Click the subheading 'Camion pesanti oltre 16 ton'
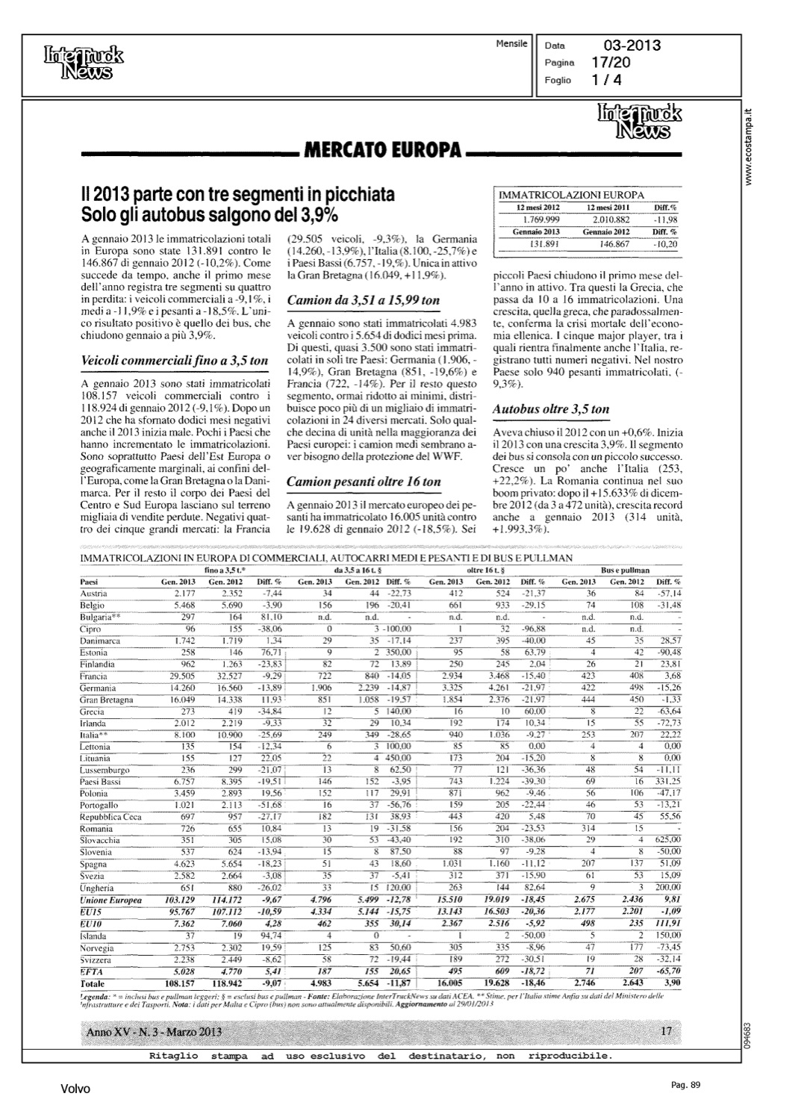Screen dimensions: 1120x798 click(x=364, y=482)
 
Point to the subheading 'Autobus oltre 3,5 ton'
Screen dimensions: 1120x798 click(x=551, y=409)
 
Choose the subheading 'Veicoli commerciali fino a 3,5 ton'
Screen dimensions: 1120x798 click(x=173, y=361)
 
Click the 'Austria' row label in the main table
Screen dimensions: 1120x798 click(x=94, y=593)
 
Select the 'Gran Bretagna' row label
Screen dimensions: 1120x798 click(x=106, y=700)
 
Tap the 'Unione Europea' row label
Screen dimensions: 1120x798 click(x=110, y=900)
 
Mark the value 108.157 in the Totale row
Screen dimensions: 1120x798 click(x=178, y=983)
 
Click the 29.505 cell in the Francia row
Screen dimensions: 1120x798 click(x=180, y=676)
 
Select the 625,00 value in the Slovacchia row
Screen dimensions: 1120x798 click(x=667, y=840)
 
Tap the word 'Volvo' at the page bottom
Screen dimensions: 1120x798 click(x=75, y=1089)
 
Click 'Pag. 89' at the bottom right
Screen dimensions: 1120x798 click(x=685, y=1085)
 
